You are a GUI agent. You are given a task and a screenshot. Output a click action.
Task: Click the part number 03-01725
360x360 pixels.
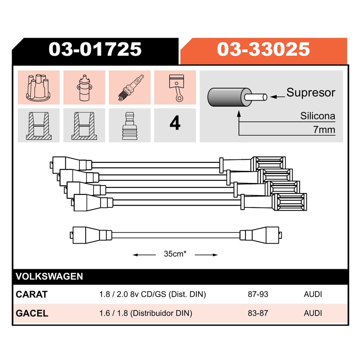95,49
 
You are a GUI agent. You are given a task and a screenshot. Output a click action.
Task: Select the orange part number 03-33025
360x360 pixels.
263,49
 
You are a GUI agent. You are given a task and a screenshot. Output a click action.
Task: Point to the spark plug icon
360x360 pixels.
131,88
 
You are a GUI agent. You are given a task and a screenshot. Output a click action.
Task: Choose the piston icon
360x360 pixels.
176,88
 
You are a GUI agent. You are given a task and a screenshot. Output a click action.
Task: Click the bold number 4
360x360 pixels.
175,123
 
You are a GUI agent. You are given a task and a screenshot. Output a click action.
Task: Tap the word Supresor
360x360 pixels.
311,92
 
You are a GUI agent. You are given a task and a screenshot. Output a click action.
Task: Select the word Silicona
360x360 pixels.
318,116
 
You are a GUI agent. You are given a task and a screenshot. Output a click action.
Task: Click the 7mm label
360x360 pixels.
324,130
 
